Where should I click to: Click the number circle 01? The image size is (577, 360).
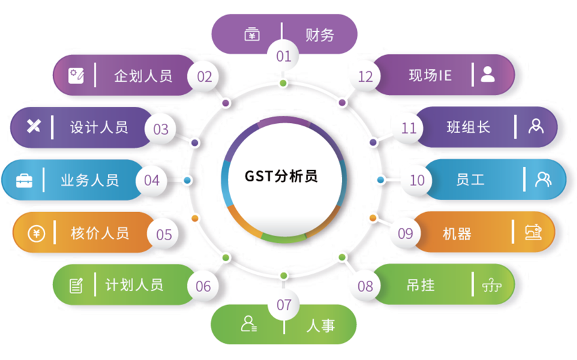coord(284,56)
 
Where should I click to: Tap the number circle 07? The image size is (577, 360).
coord(284,305)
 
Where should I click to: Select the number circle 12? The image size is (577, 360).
coord(365,77)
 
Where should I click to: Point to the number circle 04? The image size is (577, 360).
coord(151,179)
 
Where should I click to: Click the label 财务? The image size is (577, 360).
coord(320,35)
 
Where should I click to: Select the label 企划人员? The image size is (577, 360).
coord(143,76)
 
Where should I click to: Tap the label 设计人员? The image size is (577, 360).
coord(99,127)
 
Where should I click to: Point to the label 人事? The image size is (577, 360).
coord(320,325)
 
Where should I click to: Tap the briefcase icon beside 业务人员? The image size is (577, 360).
coord(24,180)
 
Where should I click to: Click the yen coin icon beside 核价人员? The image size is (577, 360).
coord(37,233)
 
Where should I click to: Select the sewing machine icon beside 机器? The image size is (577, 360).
coord(534,232)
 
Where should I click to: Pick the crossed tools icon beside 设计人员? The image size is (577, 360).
coord(33,126)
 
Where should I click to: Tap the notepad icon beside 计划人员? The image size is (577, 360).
coord(77,285)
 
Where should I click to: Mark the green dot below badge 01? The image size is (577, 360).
coord(283,83)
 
